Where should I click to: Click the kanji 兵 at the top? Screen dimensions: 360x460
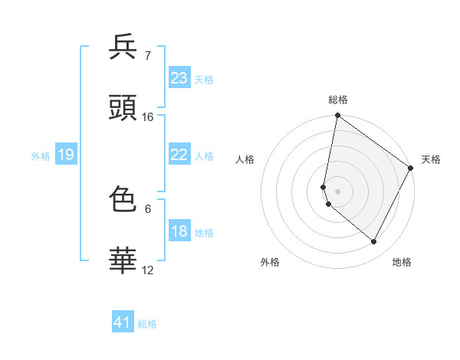(123, 47)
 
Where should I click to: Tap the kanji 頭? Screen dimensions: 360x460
(123, 108)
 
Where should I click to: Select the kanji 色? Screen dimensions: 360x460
(123, 200)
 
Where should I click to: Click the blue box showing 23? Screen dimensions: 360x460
(179, 78)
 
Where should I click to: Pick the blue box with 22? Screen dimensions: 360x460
(179, 155)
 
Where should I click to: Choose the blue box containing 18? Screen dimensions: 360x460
(179, 231)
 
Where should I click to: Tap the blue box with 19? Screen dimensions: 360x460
(65, 155)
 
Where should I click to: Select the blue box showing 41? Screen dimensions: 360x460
(123, 322)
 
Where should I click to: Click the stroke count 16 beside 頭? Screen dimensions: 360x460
(148, 117)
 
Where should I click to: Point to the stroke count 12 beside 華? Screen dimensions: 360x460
(148, 270)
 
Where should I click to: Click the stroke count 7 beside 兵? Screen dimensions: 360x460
(147, 56)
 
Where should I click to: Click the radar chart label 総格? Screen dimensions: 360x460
(338, 100)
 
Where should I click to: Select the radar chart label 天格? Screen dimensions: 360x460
(431, 159)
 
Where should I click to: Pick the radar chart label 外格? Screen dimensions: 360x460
(270, 262)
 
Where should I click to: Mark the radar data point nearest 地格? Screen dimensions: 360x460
(374, 241)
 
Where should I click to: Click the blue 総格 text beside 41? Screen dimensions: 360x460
(147, 324)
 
